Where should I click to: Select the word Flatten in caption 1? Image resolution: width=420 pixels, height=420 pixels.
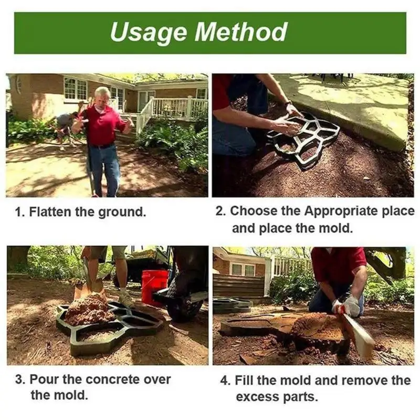pos(50,213)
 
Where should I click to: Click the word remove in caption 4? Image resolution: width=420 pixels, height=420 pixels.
pos(370,380)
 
